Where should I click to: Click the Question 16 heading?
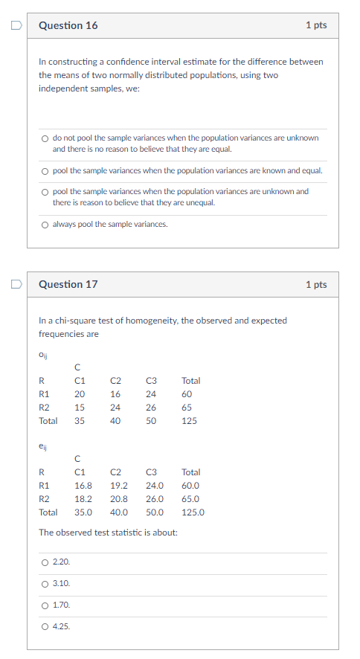pyautogui.click(x=68, y=25)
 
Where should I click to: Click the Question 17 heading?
pyautogui.click(x=68, y=284)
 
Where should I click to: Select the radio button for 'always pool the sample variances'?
pyautogui.click(x=45, y=225)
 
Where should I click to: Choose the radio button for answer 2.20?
pyautogui.click(x=45, y=562)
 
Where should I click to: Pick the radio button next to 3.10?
pyautogui.click(x=45, y=584)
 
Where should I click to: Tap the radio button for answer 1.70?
pyautogui.click(x=45, y=605)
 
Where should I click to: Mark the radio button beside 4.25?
pyautogui.click(x=45, y=627)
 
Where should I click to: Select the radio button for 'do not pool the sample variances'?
pyautogui.click(x=45, y=138)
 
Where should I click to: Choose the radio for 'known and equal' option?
pyautogui.click(x=45, y=171)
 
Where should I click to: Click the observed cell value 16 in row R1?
pyautogui.click(x=115, y=394)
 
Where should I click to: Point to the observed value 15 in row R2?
pyautogui.click(x=80, y=408)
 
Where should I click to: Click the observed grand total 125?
pyautogui.click(x=189, y=421)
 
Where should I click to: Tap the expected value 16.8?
pyautogui.click(x=83, y=486)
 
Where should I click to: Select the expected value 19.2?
pyautogui.click(x=118, y=486)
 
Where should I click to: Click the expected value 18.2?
pyautogui.click(x=83, y=499)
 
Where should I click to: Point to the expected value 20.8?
pyautogui.click(x=118, y=499)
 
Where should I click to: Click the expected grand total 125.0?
pyautogui.click(x=193, y=512)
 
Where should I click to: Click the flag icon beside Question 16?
pyautogui.click(x=15, y=25)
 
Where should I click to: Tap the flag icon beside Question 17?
pyautogui.click(x=15, y=284)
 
